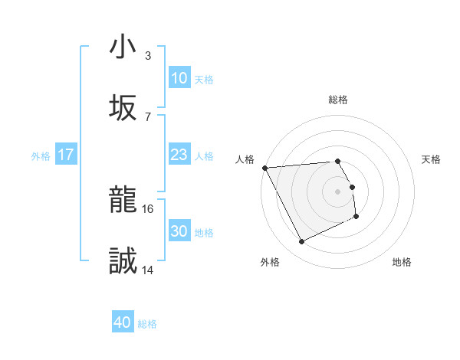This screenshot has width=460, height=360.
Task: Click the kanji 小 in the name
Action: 123,47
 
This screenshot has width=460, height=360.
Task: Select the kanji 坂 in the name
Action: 123,108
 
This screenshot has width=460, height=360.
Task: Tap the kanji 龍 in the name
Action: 123,201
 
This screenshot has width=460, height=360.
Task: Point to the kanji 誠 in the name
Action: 123,262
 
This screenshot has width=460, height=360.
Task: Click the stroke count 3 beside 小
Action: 148,56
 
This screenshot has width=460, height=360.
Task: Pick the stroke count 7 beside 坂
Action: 148,116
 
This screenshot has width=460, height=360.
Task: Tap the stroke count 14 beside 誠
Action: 148,270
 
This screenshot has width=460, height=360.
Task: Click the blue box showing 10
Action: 179,78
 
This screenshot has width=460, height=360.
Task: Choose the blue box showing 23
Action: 179,155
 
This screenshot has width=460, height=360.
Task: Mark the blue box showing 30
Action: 179,231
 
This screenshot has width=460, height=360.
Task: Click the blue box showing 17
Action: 66,155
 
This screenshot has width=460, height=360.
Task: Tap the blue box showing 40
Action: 123,323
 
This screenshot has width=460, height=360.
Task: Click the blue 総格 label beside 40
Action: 148,324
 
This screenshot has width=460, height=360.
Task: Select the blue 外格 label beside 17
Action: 41,155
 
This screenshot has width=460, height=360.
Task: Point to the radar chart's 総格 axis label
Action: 338,100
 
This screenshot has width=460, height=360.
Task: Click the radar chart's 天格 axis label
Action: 432,159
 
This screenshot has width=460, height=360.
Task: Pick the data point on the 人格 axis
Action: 264,168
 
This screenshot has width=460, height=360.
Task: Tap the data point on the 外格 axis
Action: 301,242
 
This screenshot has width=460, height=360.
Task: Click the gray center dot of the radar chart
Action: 338,191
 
